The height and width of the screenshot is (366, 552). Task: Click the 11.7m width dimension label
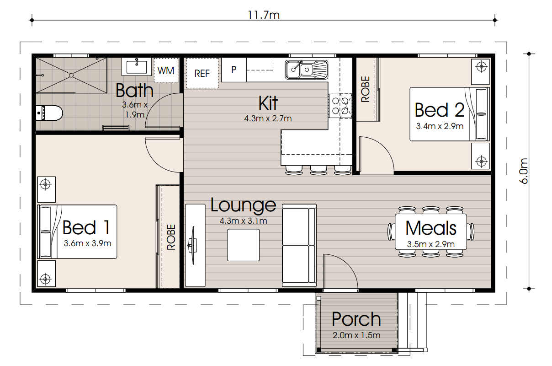[264, 15]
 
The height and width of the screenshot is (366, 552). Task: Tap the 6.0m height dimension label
[524, 171]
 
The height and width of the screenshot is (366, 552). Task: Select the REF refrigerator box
[202, 73]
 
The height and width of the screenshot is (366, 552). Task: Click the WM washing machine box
[166, 70]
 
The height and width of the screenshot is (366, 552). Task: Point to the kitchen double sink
[306, 70]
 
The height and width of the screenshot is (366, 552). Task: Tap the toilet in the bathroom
[49, 113]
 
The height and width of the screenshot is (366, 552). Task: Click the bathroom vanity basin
[136, 67]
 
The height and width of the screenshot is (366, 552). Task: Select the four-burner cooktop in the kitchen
[340, 106]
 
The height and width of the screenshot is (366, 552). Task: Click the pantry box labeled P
[234, 70]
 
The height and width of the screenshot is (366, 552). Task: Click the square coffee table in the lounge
[243, 245]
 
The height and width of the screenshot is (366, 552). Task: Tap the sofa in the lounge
[299, 245]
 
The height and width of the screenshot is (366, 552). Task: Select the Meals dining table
[431, 232]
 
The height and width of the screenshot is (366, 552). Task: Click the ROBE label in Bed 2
[366, 89]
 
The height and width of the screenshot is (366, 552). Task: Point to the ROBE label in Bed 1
[171, 237]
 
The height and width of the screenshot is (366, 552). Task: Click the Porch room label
[356, 319]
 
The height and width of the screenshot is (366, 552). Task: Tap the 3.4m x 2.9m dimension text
[440, 126]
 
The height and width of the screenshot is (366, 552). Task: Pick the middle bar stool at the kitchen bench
[318, 170]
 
